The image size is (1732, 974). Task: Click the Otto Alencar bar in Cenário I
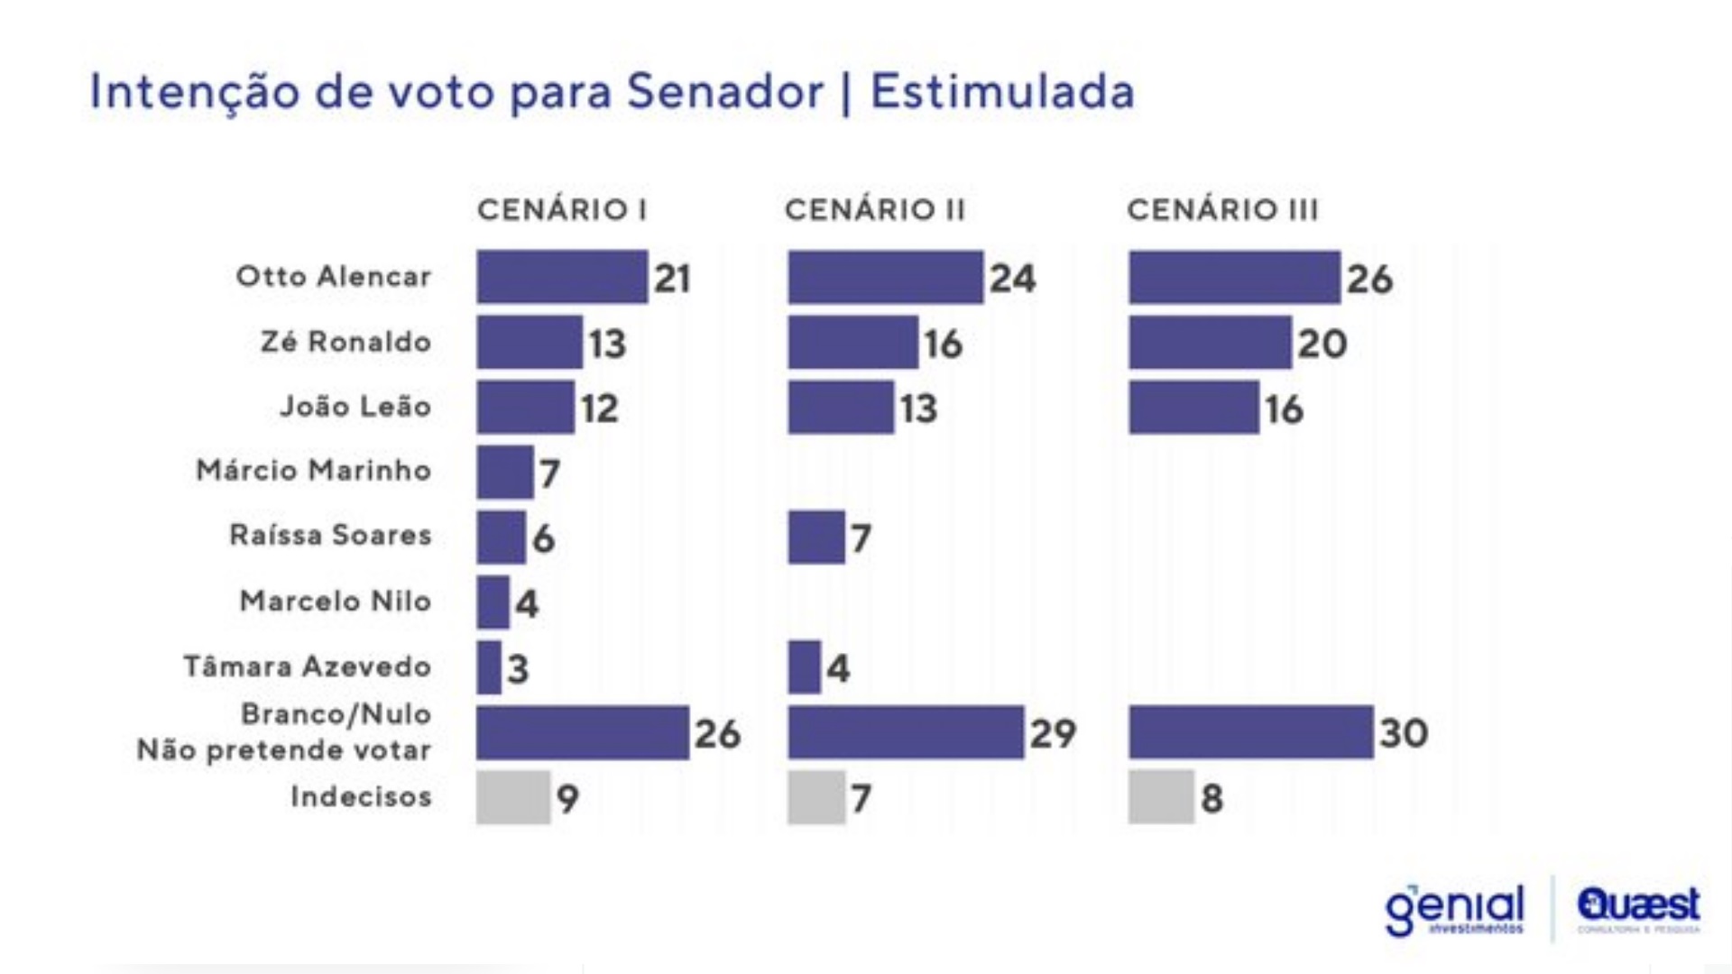point(562,277)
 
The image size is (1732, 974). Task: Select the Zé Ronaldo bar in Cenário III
point(1210,343)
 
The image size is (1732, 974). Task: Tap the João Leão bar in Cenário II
point(840,408)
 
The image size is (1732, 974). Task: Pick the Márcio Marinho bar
point(505,473)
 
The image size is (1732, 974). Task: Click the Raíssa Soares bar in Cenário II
point(816,538)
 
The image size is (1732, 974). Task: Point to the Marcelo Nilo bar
point(493,602)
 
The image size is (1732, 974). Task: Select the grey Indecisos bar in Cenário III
point(1161,797)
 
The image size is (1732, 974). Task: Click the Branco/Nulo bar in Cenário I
point(583,732)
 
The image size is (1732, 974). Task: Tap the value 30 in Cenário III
point(1404,732)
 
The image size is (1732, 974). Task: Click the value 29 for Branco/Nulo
point(1053,733)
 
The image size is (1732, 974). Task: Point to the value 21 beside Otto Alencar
point(672,278)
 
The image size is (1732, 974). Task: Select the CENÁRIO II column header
point(874,210)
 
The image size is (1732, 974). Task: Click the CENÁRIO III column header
point(1222,210)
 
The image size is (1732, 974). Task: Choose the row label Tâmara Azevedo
point(308,666)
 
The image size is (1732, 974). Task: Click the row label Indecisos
point(361,797)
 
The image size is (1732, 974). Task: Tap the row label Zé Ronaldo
point(345,343)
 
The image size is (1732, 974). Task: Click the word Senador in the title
point(725,92)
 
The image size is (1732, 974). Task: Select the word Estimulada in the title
point(1002,92)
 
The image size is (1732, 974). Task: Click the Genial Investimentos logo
point(1454,910)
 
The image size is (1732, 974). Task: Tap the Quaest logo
point(1638,908)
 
